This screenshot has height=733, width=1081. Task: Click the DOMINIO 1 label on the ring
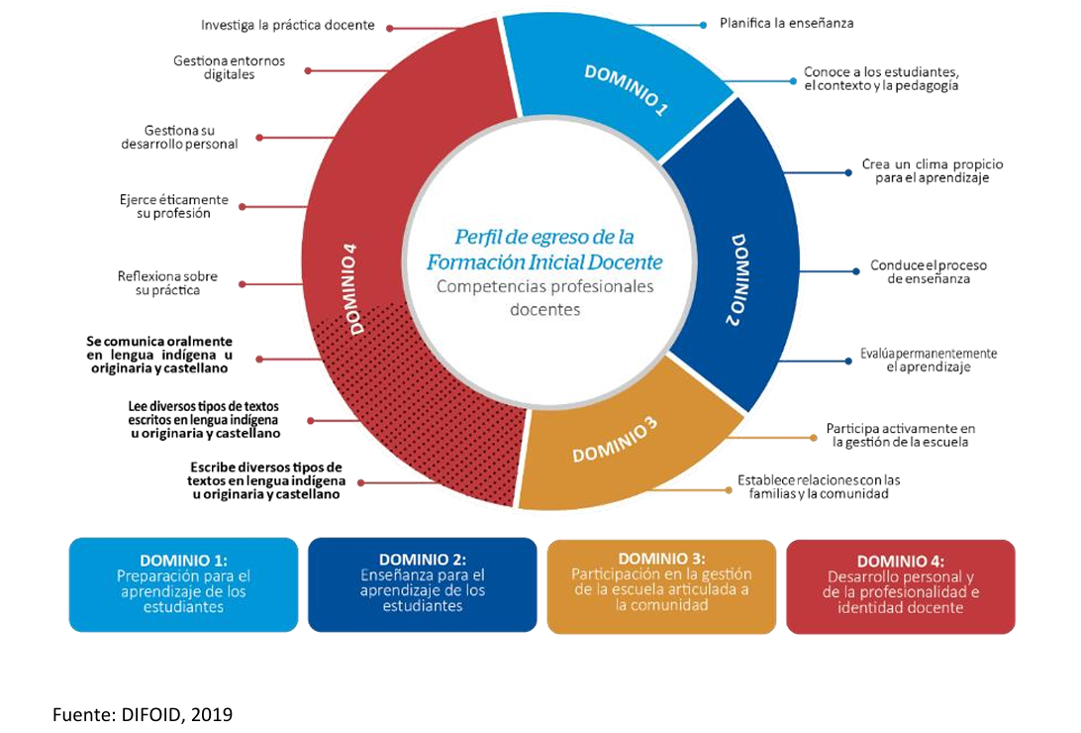click(625, 91)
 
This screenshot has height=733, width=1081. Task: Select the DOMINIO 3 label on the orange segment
click(614, 441)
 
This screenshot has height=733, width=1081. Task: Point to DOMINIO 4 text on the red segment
click(347, 294)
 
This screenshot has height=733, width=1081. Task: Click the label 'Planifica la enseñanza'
click(786, 22)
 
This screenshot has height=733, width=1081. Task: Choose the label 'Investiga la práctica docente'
click(287, 25)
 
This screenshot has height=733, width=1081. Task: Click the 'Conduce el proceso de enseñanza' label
click(928, 272)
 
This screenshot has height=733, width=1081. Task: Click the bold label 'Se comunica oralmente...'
click(158, 355)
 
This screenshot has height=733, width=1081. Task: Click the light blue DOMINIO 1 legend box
click(183, 584)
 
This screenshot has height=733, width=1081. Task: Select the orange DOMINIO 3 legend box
click(661, 584)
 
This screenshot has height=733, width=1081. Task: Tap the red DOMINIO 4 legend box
click(900, 584)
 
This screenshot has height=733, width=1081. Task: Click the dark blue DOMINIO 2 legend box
click(423, 584)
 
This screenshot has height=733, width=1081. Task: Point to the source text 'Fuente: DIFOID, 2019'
click(143, 713)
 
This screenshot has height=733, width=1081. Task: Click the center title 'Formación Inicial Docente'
click(544, 262)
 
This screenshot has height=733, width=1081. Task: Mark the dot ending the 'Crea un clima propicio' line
click(848, 172)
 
